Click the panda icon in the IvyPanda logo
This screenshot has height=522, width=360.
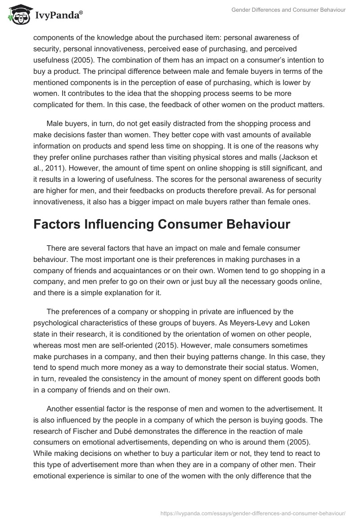17,14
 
